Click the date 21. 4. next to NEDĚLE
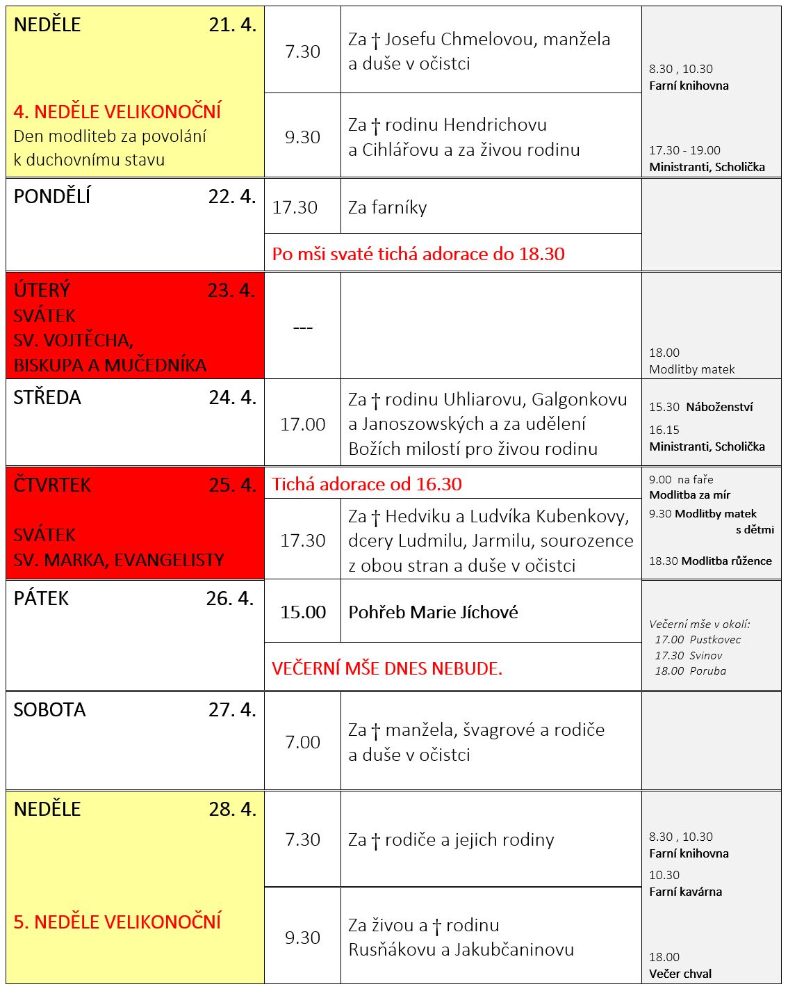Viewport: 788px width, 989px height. tap(232, 25)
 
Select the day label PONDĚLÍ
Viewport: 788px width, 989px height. tap(52, 197)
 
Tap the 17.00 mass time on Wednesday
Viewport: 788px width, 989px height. tap(302, 424)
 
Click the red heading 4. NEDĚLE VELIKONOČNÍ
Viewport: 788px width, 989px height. tap(117, 111)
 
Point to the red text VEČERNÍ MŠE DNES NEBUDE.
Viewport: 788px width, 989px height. tap(387, 669)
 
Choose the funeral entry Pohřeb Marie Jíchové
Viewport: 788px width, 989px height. tap(433, 613)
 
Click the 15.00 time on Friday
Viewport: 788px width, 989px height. tap(303, 613)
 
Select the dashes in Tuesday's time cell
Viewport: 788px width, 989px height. tap(303, 328)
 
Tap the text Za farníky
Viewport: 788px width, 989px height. tap(387, 208)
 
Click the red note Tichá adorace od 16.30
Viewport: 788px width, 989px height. tap(367, 485)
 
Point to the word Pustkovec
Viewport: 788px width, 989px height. tap(716, 640)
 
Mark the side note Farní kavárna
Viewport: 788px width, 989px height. tap(685, 892)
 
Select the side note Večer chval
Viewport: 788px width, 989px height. tap(680, 974)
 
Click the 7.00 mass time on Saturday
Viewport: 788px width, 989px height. tap(303, 743)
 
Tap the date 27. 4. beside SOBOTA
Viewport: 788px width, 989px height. tap(232, 710)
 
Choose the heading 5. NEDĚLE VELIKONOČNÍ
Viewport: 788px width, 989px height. tap(117, 922)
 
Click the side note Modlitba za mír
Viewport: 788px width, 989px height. tap(689, 495)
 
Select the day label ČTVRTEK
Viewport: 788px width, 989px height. tap(52, 485)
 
